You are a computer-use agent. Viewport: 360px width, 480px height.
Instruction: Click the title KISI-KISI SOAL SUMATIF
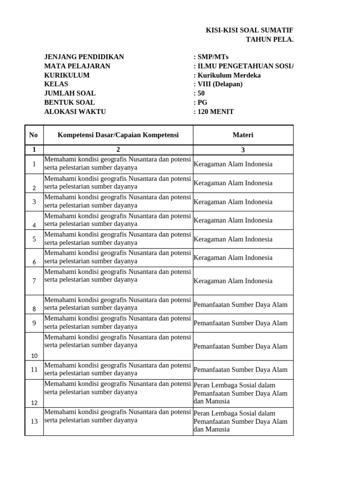click(251, 30)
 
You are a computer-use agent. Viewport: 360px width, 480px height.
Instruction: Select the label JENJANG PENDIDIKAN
click(84, 57)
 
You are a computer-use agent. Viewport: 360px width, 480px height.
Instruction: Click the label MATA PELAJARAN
click(77, 66)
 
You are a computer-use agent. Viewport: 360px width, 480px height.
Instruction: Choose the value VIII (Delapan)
click(219, 84)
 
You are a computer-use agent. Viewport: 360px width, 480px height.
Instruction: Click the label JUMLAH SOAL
click(70, 93)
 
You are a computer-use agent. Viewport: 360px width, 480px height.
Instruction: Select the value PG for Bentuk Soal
click(202, 103)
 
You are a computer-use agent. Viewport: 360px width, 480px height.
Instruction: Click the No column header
click(33, 135)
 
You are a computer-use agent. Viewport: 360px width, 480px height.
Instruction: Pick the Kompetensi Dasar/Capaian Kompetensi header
click(118, 135)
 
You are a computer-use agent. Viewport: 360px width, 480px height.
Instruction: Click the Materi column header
click(243, 135)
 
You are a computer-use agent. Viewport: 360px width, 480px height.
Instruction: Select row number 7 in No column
click(34, 281)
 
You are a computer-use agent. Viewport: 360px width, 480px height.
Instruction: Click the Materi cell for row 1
click(233, 165)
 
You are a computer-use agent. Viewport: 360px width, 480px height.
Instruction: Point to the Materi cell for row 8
click(240, 305)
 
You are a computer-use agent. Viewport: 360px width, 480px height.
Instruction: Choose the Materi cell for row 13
click(240, 421)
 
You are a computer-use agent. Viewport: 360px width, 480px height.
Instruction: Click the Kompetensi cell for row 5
click(118, 239)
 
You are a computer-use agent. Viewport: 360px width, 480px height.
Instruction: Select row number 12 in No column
click(34, 403)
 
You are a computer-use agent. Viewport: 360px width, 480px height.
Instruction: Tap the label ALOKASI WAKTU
click(75, 112)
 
